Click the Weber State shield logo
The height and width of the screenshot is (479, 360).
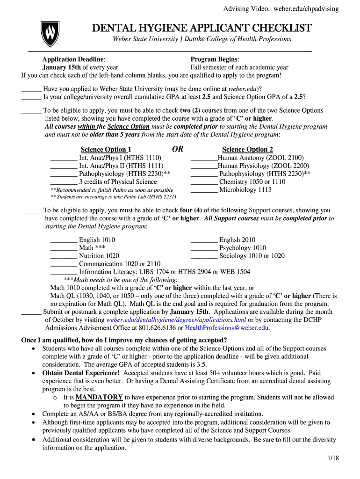pos(49,33)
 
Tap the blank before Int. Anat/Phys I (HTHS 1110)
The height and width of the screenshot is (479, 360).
pos(63,159)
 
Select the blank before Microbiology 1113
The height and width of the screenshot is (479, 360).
pos(204,190)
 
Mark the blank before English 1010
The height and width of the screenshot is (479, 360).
pos(63,240)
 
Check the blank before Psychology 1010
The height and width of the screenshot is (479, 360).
pos(204,248)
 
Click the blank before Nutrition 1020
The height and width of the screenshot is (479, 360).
pos(63,256)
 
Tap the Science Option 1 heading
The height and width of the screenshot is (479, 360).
pos(103,150)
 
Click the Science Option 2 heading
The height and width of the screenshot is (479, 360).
pos(247,150)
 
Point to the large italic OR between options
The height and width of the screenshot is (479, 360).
pos(178,149)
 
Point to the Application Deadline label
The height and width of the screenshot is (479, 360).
pos(73,59)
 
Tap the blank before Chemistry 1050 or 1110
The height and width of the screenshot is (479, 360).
pos(204,182)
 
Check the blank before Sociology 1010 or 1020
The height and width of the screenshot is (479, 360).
pos(204,256)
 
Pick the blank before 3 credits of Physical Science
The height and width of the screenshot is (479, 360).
pos(63,182)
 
